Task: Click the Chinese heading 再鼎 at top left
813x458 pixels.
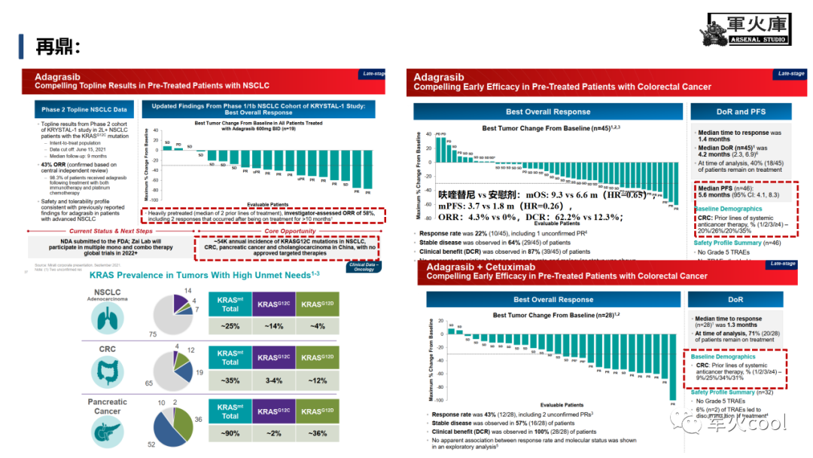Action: (58, 47)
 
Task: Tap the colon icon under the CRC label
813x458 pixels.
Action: (106, 372)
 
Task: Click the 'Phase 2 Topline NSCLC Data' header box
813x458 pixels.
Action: (84, 109)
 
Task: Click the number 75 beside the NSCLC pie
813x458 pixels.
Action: (154, 334)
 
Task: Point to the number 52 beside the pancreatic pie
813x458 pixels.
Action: (152, 444)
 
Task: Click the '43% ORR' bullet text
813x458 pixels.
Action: (58, 164)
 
